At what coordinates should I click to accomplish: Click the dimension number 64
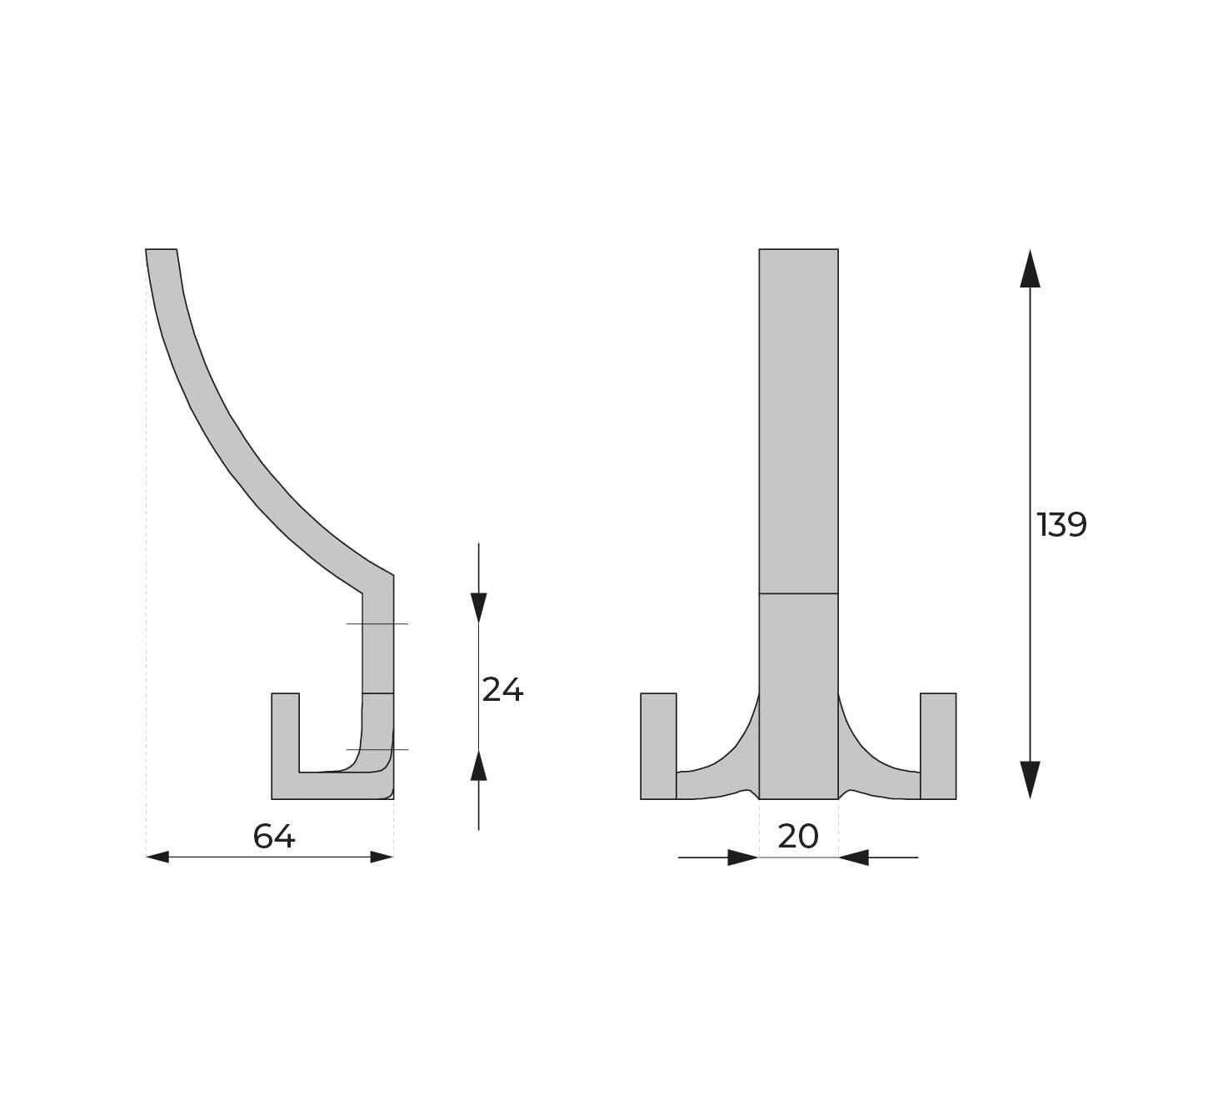coord(274,836)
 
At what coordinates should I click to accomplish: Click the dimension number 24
coord(502,690)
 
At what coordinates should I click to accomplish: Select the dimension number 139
coord(1061,524)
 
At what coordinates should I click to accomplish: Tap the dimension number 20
coord(798,836)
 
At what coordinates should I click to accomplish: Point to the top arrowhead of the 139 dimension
coord(1030,268)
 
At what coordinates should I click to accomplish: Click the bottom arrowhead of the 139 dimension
coord(1030,780)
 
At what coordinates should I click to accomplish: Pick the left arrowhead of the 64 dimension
coord(157,857)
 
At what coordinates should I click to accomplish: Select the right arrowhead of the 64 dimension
coord(382,857)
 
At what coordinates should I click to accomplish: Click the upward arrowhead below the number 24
coord(478,766)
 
